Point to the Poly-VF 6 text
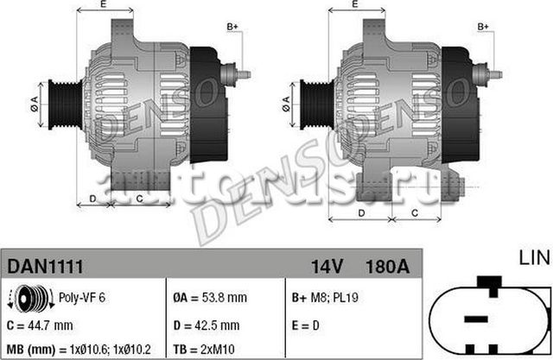tap(81, 298)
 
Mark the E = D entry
tap(305, 325)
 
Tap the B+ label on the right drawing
tap(486, 28)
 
